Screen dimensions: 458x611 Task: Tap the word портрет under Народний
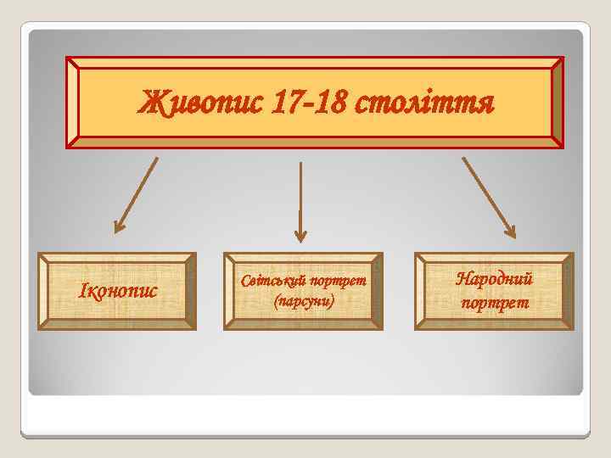(x=494, y=302)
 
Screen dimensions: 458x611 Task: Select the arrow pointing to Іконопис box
(x=136, y=194)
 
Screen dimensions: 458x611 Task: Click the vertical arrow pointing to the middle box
(x=300, y=199)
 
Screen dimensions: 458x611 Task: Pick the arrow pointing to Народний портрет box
(x=488, y=195)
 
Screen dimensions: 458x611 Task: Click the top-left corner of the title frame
(x=68, y=59)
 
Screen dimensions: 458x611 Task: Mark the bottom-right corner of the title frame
(x=562, y=148)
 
